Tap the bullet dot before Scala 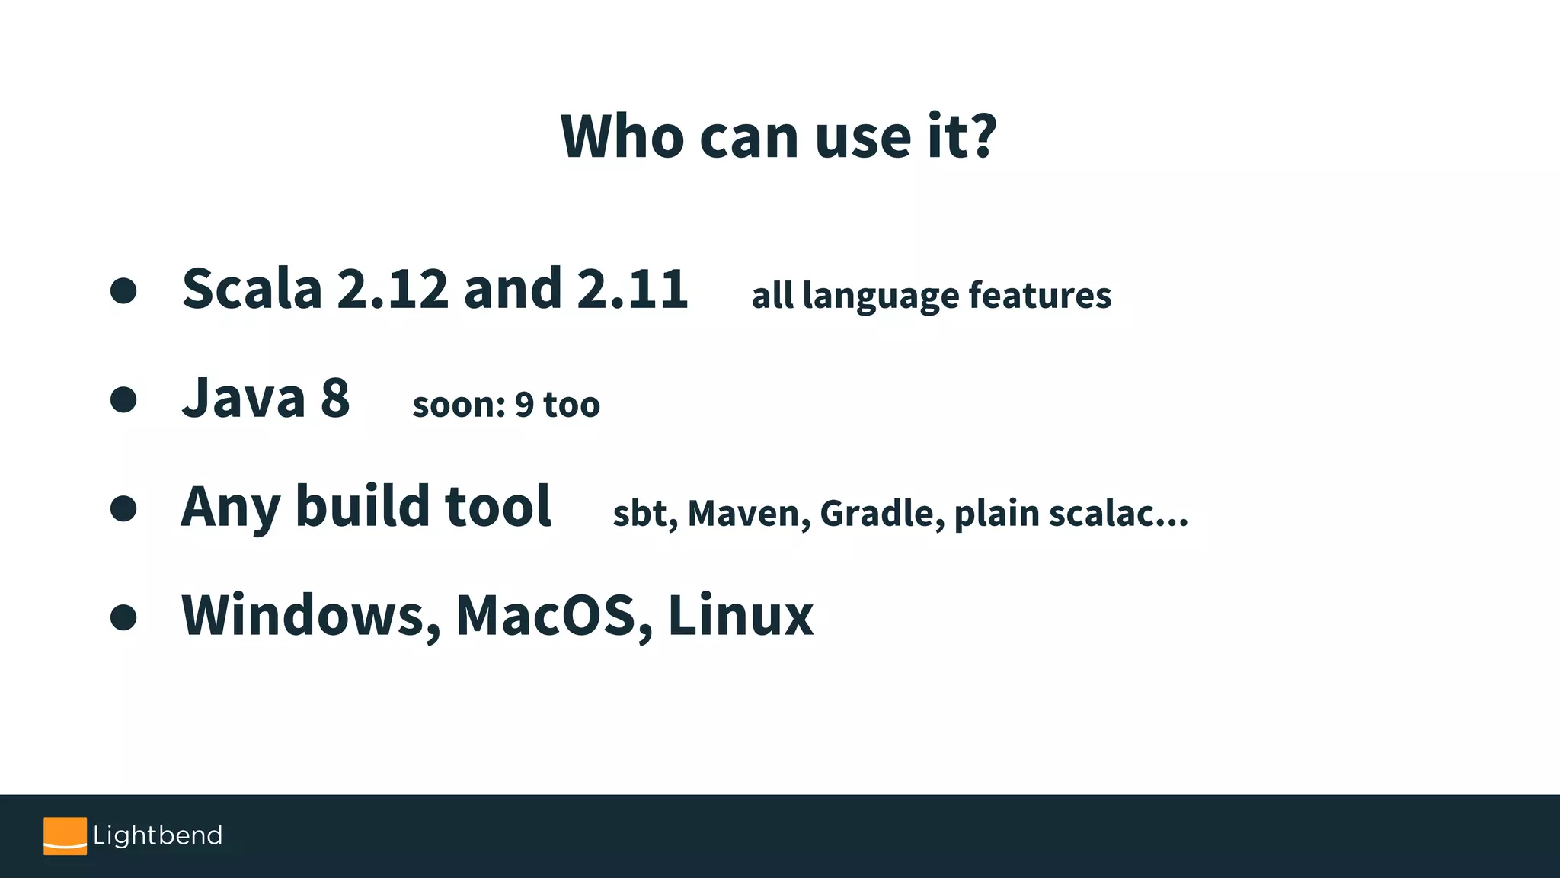coord(123,290)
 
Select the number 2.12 coord(392,289)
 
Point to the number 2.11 coord(632,289)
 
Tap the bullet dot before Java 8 coord(123,399)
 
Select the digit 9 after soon coord(524,405)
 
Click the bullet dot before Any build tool coord(123,508)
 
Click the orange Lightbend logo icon coord(65,836)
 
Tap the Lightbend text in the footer coord(158,835)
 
